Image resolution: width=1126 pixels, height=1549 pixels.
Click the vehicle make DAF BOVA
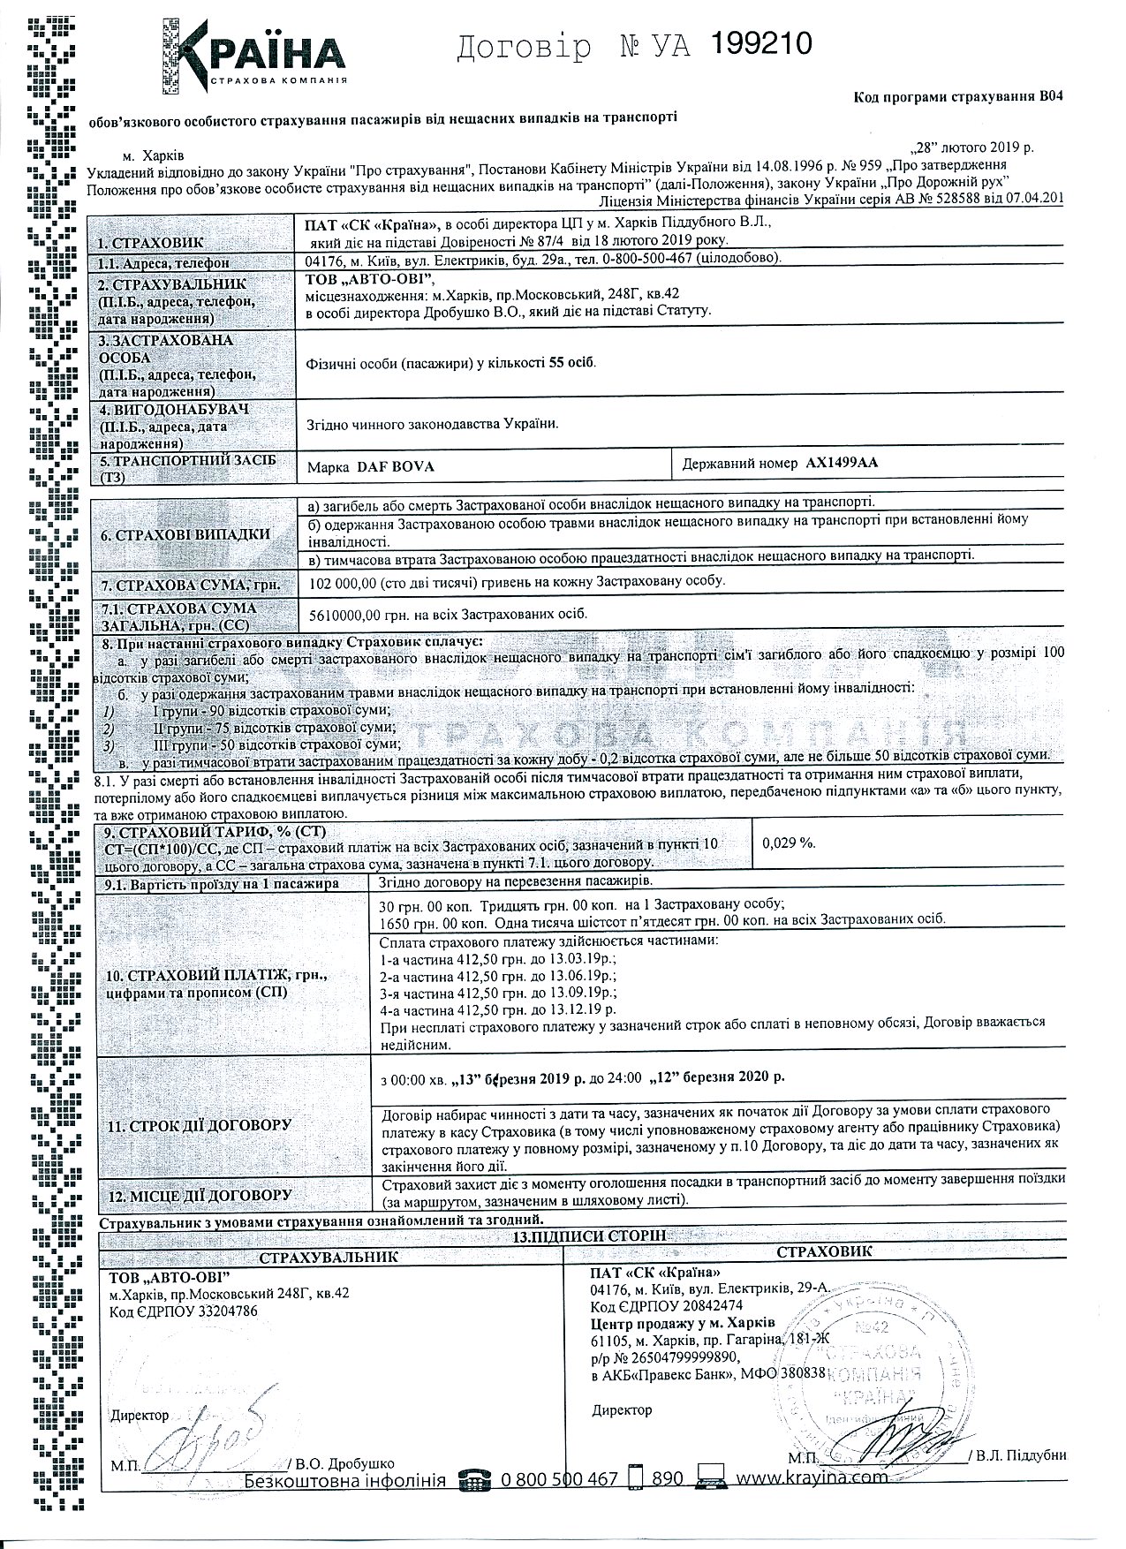tap(395, 465)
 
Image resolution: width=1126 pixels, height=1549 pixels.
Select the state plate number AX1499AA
tap(842, 463)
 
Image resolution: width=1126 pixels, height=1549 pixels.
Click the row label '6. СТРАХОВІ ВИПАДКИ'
tap(186, 535)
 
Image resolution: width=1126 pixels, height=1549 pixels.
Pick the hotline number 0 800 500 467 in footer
tap(559, 1478)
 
